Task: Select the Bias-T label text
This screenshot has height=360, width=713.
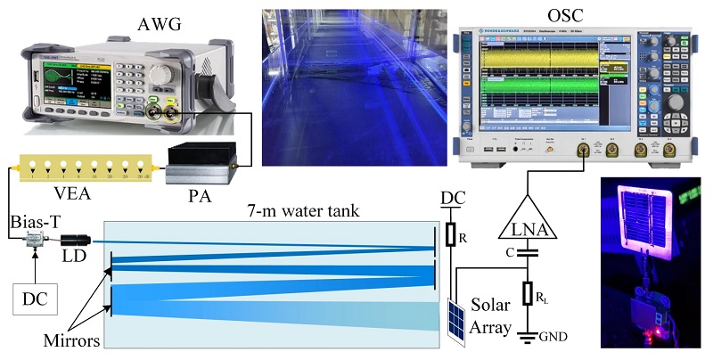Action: point(28,218)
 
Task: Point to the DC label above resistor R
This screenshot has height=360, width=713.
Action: point(453,197)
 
